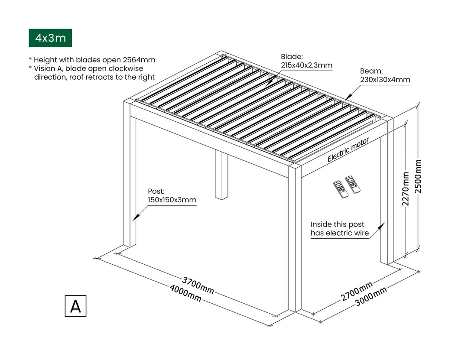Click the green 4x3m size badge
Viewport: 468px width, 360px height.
click(50, 38)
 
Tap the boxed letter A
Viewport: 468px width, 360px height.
click(75, 306)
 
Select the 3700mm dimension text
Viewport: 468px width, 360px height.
click(198, 285)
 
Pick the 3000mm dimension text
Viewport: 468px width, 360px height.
click(371, 297)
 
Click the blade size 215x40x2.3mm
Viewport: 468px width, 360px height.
click(306, 65)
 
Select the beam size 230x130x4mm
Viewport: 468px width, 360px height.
click(385, 80)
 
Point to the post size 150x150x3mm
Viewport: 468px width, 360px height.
click(172, 200)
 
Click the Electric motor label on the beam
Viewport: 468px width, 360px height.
click(348, 150)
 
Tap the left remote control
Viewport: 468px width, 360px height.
click(340, 189)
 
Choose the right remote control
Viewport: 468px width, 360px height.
click(353, 184)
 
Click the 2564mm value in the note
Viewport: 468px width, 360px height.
click(139, 60)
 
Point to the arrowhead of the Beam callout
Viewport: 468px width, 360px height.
click(346, 98)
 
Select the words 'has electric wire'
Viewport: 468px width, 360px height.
click(340, 233)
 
